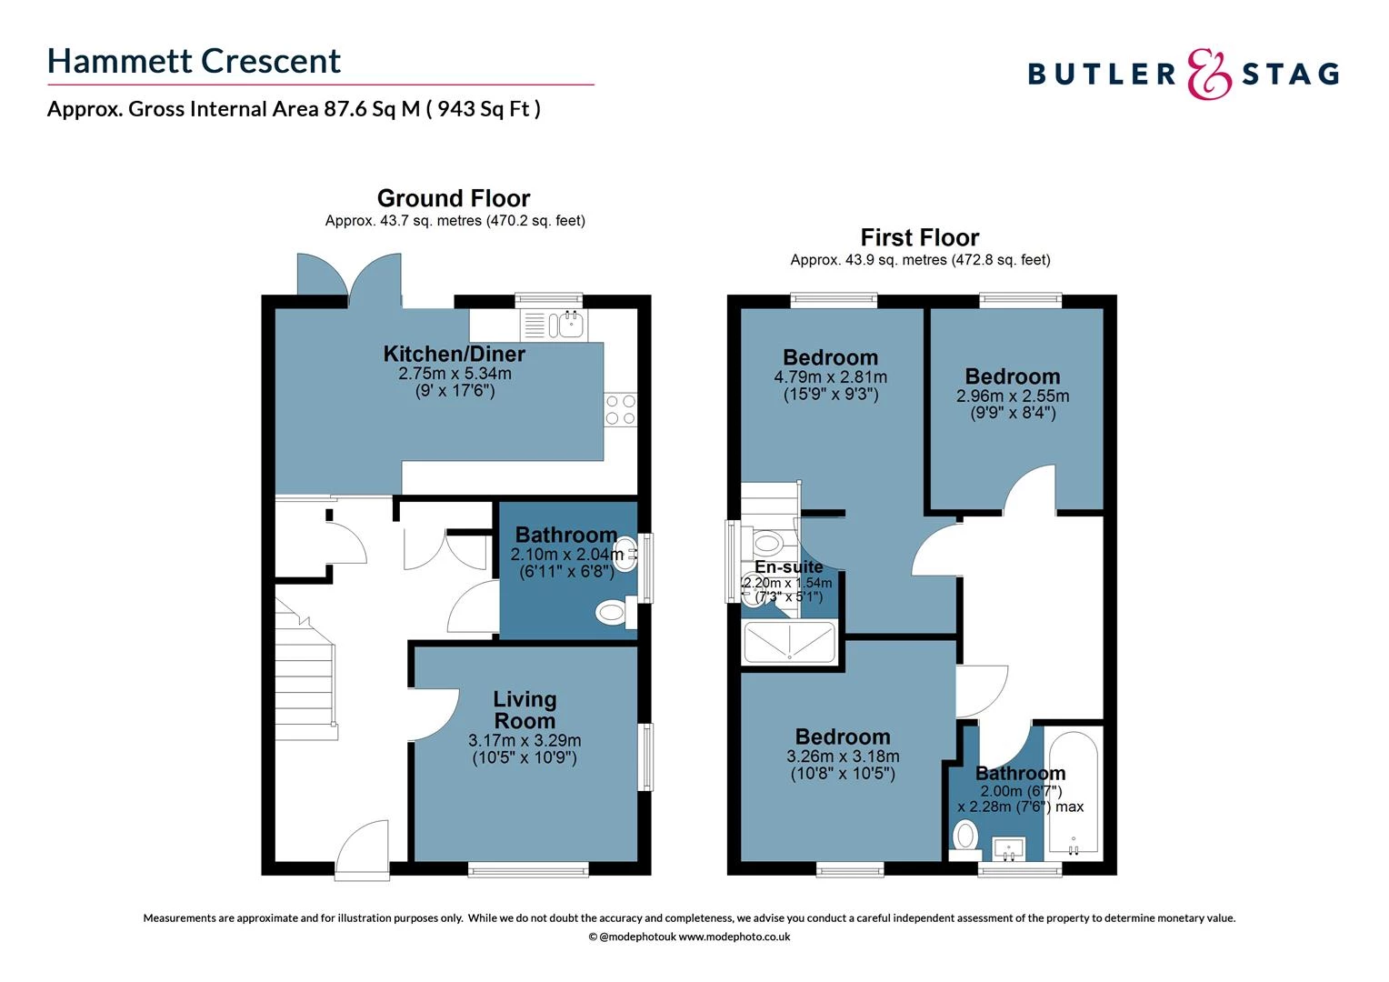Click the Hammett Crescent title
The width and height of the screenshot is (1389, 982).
(194, 61)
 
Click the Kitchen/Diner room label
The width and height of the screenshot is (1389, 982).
(454, 354)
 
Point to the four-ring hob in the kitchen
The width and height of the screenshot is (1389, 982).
(620, 410)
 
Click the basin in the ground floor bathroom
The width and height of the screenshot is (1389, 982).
(625, 556)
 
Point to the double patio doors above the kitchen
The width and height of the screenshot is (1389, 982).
(348, 277)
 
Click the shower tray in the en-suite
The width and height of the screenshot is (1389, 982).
(789, 642)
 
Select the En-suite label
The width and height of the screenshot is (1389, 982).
(788, 567)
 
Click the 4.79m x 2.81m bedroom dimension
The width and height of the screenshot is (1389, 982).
(830, 377)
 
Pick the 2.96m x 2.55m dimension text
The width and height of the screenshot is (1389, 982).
(1012, 396)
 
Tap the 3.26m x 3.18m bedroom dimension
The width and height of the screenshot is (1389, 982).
(843, 757)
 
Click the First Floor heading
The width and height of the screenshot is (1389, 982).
(919, 237)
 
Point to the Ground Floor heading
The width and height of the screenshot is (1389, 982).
(454, 198)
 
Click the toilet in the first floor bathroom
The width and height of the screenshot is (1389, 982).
(965, 835)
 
